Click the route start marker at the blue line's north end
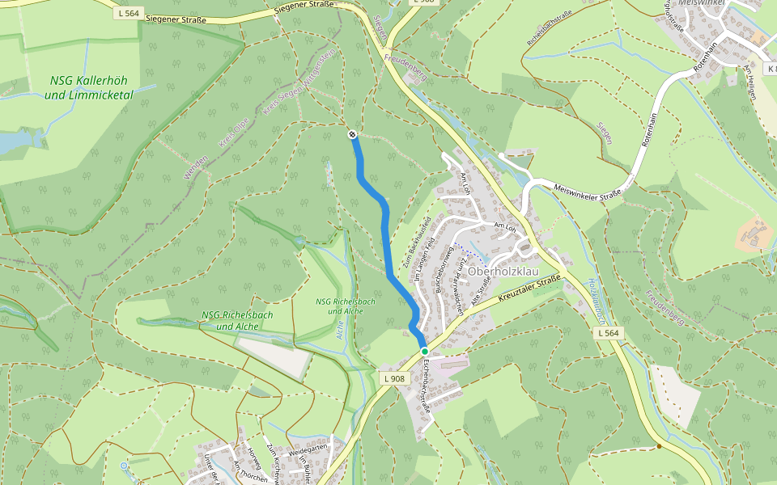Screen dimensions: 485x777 pos(352,134)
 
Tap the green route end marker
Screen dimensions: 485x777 pos(424,352)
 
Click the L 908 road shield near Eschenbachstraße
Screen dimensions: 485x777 pos(393,378)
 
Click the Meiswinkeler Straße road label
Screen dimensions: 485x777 pos(587,192)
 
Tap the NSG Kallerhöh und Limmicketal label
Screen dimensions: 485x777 pos(89,88)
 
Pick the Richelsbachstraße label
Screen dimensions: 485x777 pos(550,27)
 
